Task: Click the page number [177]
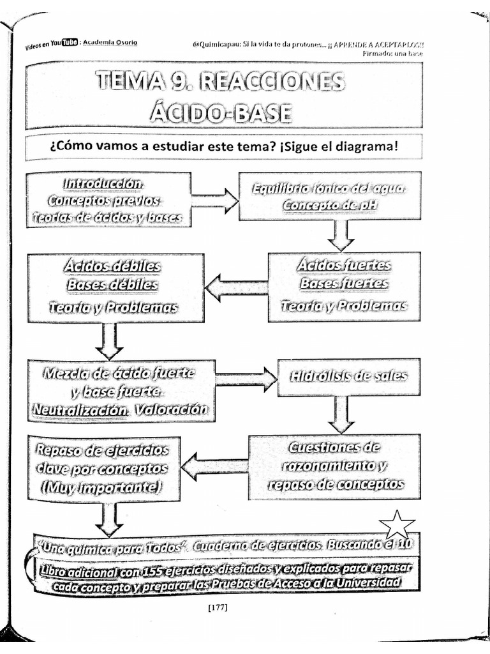218,607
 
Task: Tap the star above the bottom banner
397,525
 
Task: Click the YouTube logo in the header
68,43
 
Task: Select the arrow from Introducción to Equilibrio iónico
214,200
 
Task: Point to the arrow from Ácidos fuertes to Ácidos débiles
236,287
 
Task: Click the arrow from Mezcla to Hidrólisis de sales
246,379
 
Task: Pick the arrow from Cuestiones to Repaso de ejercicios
214,468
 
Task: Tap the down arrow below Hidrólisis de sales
341,413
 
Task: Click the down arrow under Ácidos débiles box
108,340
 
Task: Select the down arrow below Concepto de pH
341,235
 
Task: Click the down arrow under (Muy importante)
109,518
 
